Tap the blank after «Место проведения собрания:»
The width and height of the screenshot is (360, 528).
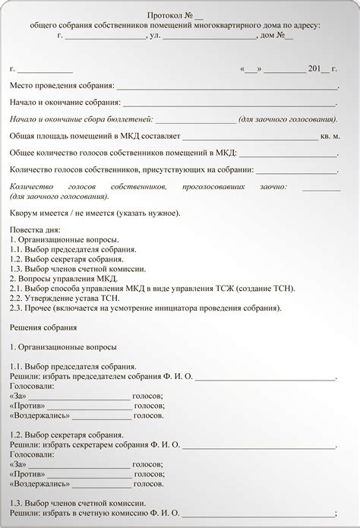point(228,87)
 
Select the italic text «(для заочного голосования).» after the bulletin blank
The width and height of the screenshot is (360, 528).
point(288,119)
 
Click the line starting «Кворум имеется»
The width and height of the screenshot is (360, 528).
point(95,213)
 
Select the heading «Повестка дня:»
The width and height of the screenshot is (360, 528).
point(34,229)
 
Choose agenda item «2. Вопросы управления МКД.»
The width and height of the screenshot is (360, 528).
point(65,279)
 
